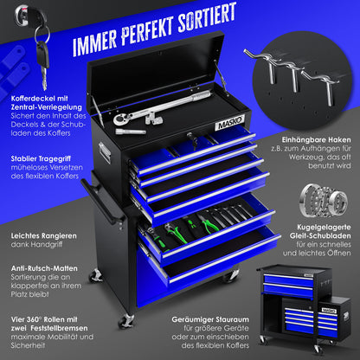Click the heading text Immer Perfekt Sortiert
click(154, 29)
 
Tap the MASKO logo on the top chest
click(229, 123)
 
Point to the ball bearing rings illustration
click(323, 200)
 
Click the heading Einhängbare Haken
click(316, 140)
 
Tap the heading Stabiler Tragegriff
click(41, 158)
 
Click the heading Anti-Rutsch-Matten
click(44, 268)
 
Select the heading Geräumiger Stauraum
click(210, 319)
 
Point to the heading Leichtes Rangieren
click(44, 236)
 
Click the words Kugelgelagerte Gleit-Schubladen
click(320, 231)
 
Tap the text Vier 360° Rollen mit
click(44, 319)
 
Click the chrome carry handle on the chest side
click(104, 151)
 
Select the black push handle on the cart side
click(103, 202)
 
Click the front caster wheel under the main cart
click(126, 321)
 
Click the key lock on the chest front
click(190, 136)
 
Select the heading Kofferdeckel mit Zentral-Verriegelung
click(47, 103)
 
